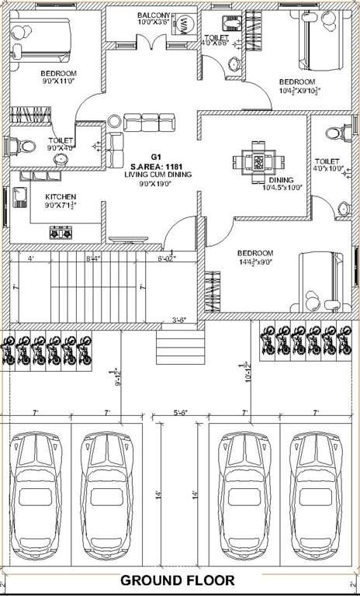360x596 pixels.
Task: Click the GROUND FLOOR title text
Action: click(x=179, y=580)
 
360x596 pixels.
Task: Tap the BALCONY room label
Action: click(x=153, y=15)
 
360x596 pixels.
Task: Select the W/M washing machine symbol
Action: click(x=184, y=26)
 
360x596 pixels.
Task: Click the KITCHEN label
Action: click(x=60, y=196)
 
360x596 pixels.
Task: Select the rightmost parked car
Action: click(x=317, y=495)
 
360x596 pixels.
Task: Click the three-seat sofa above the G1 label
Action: click(x=144, y=122)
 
